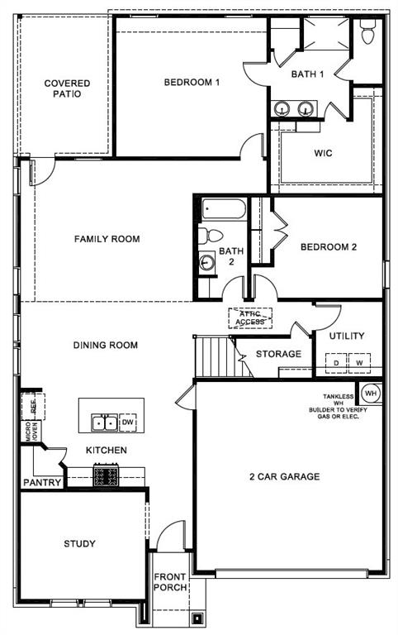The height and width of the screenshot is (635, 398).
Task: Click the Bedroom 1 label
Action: coord(192,83)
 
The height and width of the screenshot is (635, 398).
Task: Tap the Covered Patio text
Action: coord(67,88)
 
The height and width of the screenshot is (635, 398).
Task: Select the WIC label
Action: coord(323,153)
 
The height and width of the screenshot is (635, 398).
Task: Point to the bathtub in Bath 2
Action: coord(222,209)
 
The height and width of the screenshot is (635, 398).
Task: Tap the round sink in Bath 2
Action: coord(206,263)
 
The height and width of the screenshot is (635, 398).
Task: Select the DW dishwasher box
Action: coord(127,423)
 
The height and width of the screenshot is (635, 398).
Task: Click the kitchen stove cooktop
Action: coord(105,475)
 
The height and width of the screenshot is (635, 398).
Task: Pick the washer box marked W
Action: coord(359,362)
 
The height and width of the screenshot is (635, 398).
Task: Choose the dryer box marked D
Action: coord(336,362)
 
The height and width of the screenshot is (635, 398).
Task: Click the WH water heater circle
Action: coord(370,392)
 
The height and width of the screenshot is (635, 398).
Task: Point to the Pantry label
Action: coord(40,482)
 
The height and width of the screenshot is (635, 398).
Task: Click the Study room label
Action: coord(79,544)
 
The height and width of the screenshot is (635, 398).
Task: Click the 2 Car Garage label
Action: coord(284,476)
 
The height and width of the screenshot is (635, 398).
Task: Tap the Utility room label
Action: coord(347,337)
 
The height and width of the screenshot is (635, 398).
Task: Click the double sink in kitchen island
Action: coord(104,423)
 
